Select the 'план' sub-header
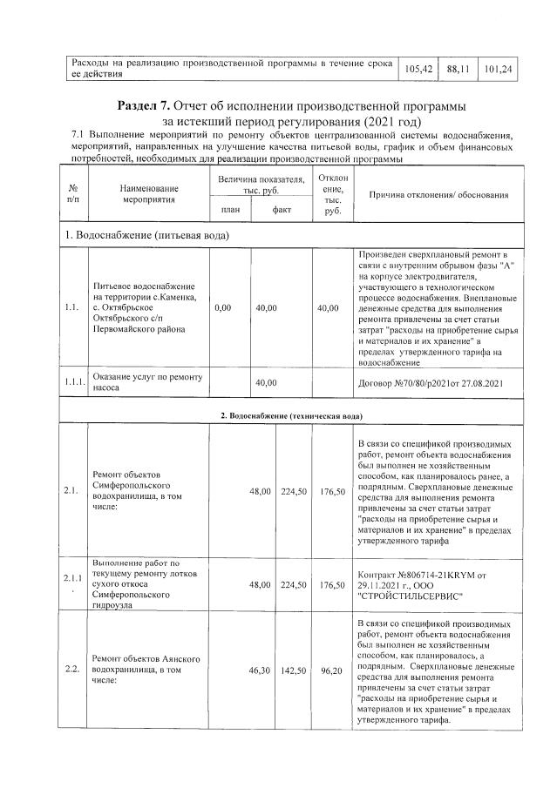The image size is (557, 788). (229, 210)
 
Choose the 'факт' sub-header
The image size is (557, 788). (281, 210)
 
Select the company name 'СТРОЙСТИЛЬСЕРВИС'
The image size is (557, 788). (415, 596)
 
